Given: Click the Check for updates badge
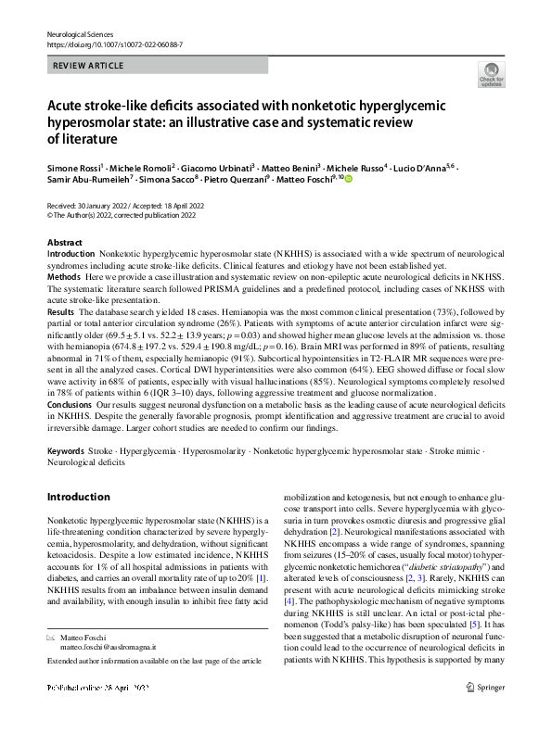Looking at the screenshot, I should [491, 75].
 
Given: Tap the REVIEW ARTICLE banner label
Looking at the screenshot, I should [87, 67].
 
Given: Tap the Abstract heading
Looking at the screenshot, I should [65, 242].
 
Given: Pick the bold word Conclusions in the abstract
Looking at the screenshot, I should [70, 404].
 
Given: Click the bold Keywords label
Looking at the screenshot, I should [65, 449].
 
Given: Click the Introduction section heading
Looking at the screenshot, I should [78, 498].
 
